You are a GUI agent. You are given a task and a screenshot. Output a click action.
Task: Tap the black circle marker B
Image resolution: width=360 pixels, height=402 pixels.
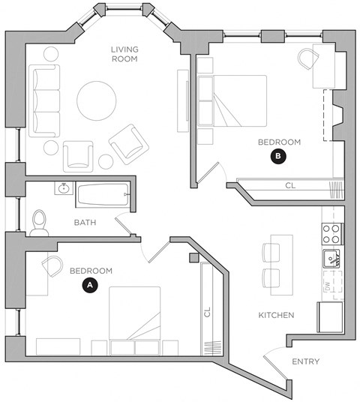278,157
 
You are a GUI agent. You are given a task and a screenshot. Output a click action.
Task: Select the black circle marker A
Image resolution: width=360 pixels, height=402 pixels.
90,285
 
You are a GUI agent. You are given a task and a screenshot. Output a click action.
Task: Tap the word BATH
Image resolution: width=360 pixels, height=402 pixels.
85,223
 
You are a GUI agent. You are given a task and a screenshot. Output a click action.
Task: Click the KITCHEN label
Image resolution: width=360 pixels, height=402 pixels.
275,315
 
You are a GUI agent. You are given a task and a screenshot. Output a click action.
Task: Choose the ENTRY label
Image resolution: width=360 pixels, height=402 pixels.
304,361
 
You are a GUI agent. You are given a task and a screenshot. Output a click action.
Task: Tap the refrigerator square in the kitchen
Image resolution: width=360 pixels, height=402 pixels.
330,317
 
